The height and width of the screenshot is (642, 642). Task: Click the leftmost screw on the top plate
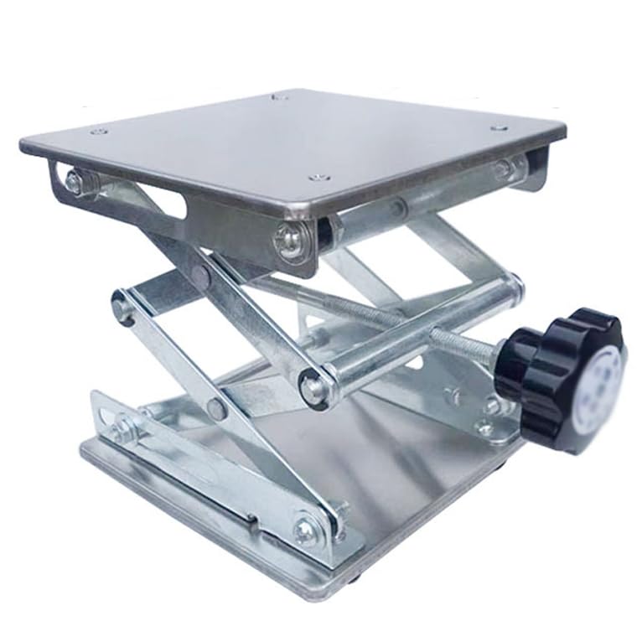coord(99,132)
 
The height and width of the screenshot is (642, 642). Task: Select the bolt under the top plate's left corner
coord(74,180)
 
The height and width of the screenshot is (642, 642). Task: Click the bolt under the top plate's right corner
coord(503,168)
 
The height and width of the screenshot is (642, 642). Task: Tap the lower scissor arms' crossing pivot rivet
coord(215,409)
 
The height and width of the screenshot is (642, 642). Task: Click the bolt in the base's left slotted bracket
coord(124,429)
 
